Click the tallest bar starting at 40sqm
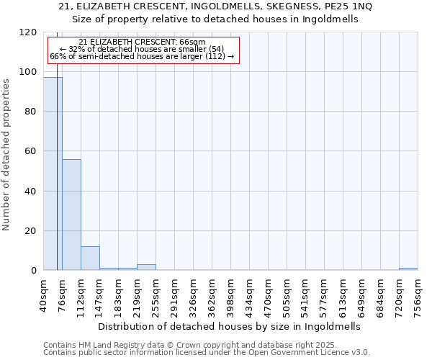[53, 174]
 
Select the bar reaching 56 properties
[71, 215]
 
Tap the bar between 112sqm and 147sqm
[90, 258]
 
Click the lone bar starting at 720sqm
[408, 269]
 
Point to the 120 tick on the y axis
[30, 32]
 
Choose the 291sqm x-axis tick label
[175, 294]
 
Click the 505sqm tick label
[287, 294]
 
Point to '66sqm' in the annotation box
[195, 42]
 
